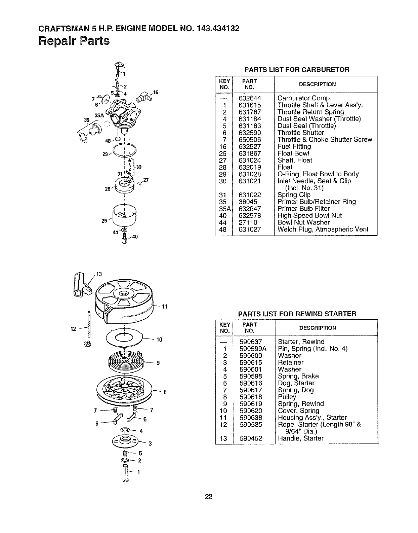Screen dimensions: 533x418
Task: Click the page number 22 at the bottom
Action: [209, 496]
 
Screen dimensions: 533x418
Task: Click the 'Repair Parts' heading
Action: [74, 41]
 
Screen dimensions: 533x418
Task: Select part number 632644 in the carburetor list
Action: [250, 98]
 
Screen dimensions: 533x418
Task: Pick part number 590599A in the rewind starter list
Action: [253, 349]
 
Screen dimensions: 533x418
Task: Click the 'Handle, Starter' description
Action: [300, 438]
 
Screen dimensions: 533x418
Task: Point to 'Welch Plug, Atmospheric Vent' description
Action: [323, 229]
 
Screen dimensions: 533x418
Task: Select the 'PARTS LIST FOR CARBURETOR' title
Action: [297, 70]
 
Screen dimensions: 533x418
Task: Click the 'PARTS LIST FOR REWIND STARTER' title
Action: [297, 314]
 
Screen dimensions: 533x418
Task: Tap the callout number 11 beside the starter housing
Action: [165, 307]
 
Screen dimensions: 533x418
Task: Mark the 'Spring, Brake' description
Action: [298, 376]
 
